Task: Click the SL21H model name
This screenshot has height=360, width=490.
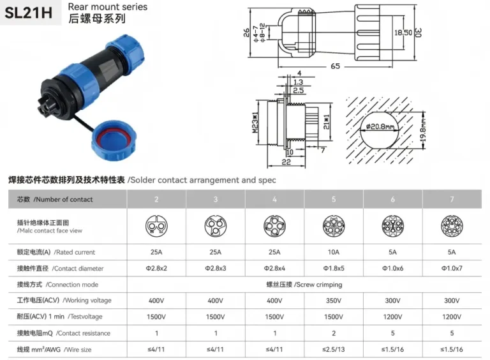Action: click(29, 13)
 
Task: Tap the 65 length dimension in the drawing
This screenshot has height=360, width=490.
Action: click(334, 66)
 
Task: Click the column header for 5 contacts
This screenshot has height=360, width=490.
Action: click(334, 199)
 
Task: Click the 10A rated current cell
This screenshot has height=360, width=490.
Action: click(334, 252)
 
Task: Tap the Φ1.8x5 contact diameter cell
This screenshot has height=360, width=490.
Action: click(334, 269)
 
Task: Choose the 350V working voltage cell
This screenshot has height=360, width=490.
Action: click(334, 301)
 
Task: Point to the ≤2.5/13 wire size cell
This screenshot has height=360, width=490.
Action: click(334, 349)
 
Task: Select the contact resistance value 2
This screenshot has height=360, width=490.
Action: click(334, 333)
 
